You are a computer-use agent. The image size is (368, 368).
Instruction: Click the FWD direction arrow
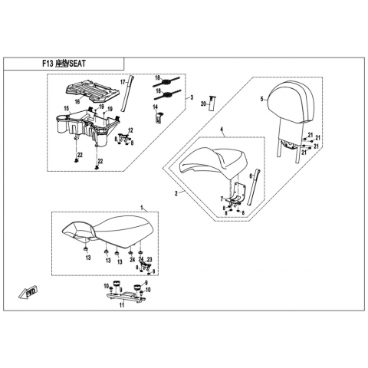28,292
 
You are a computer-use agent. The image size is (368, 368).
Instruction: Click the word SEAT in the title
77,64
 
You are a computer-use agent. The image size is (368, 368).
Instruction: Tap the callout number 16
77,102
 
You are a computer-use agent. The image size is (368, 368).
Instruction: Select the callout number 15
67,109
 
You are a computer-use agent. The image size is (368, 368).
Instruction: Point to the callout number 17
123,82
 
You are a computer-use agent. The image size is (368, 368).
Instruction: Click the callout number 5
261,99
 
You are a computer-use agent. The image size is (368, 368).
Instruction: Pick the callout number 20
203,103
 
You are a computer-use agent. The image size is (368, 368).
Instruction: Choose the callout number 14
156,107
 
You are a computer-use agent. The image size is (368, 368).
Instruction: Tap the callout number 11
122,305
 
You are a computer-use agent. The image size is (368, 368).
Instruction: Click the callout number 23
149,259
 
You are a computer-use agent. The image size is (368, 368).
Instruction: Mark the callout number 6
251,176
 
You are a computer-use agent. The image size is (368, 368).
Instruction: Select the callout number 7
222,199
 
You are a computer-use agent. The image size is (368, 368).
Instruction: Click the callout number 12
130,130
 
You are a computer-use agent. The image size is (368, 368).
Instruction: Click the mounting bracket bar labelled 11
126,297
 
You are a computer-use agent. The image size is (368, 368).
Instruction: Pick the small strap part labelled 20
212,103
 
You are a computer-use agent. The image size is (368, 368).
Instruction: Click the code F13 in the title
48,64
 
